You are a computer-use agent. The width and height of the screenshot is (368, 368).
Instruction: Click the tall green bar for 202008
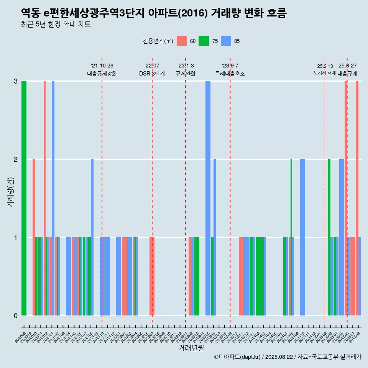pos(24,198)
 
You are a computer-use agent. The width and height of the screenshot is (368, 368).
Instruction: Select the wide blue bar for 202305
pos(208,198)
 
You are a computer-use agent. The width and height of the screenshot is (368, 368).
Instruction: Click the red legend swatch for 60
pos(182,41)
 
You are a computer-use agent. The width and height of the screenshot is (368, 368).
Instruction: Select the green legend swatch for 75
pos(204,41)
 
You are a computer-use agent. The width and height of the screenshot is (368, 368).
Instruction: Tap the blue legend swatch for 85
pos(226,41)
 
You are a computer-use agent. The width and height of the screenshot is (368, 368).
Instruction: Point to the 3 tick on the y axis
pos(16,81)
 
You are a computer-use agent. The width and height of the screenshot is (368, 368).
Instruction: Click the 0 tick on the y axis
pos(16,315)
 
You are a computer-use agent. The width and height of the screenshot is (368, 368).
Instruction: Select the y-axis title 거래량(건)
pos(10,192)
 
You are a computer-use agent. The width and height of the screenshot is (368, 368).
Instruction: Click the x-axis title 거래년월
pos(191,348)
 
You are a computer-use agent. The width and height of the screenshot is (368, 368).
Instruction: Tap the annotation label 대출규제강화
pos(102,74)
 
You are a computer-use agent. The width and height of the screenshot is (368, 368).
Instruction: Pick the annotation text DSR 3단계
pos(152,74)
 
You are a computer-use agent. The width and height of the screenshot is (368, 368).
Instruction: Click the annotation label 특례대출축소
pos(230,74)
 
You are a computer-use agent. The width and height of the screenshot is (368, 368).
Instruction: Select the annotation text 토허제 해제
pos(324,73)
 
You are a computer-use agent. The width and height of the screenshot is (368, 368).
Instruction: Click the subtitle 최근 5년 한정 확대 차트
pos(56,25)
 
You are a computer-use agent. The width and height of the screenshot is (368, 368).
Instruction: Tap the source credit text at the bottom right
pos(287,357)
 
